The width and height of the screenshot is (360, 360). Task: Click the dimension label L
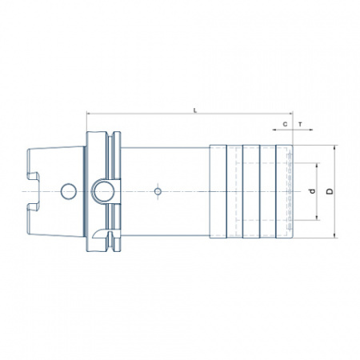[x=195, y=110]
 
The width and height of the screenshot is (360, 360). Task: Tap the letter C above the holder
[x=285, y=124]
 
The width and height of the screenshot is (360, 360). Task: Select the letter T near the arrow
[x=301, y=124]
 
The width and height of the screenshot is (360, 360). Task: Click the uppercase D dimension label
[x=330, y=191]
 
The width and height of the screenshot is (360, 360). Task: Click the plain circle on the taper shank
[x=69, y=191]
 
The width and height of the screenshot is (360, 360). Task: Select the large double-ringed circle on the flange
[x=103, y=191]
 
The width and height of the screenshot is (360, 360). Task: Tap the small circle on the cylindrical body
[x=158, y=191]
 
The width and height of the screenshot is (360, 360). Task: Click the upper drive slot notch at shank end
[x=34, y=176]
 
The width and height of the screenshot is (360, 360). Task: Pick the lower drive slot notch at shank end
[x=34, y=207]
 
